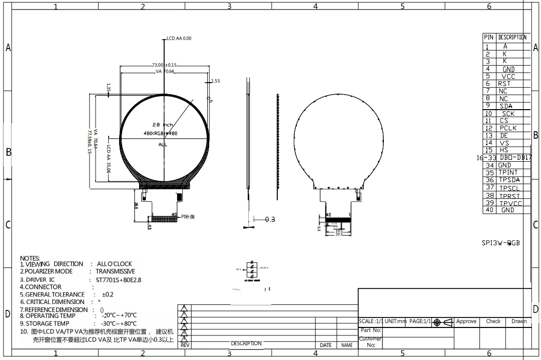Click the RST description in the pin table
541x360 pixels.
tap(504, 84)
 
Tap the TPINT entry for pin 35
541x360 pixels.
tap(508, 173)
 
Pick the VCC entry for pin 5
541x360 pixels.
tap(508, 77)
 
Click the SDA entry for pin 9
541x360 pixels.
tap(505, 106)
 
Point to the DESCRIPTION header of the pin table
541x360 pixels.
tap(512, 38)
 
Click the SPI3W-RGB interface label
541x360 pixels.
tap(500, 243)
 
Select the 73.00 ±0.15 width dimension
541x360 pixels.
tap(164, 65)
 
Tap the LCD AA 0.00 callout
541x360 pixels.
tap(179, 39)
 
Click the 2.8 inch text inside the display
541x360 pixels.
tap(163, 124)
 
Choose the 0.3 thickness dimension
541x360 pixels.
tap(270, 219)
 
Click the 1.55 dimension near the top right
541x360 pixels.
tap(215, 81)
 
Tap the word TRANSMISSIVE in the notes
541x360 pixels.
tap(115, 271)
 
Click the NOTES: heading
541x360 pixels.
tap(30, 258)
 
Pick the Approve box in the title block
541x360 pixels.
tap(466, 321)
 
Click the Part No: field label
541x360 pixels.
tap(371, 330)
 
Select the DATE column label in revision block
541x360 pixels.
tap(325, 345)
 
